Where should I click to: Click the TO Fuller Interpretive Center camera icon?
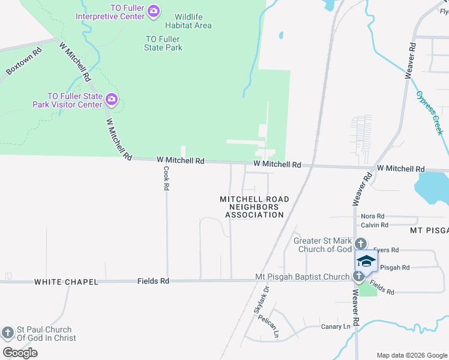(x=154, y=10)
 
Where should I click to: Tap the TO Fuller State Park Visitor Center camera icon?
(x=111, y=99)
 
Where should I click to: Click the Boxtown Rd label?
(x=24, y=61)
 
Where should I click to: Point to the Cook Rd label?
(x=166, y=178)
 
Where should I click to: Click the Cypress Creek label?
(x=429, y=112)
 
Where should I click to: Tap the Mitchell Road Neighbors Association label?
(x=254, y=206)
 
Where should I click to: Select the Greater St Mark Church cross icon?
(x=360, y=243)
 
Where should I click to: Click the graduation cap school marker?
(x=366, y=261)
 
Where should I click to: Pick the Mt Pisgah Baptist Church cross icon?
(x=358, y=276)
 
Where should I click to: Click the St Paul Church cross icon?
(x=8, y=332)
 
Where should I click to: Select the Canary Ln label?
(x=336, y=326)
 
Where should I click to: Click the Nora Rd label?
(x=372, y=216)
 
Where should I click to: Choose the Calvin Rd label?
(x=375, y=225)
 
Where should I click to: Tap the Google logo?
(x=20, y=352)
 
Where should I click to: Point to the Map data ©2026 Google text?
(x=412, y=355)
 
